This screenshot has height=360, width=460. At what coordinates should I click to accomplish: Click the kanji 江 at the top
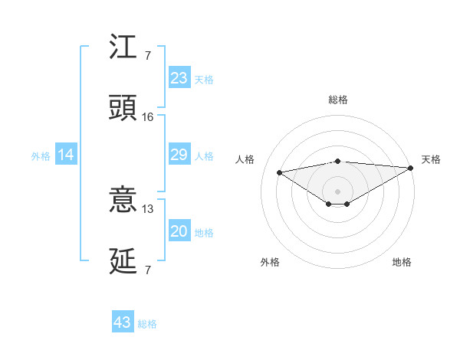point(123,47)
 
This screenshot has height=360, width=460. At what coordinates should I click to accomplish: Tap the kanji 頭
point(123,108)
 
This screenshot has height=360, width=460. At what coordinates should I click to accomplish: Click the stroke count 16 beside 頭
point(148,117)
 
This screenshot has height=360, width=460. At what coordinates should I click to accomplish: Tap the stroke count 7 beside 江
point(148,55)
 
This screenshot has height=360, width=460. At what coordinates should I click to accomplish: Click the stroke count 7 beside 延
point(148,270)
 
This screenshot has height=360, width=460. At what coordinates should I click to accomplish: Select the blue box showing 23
point(179,78)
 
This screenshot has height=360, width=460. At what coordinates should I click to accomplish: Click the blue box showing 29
point(179,155)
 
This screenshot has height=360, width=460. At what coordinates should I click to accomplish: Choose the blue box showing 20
point(179,232)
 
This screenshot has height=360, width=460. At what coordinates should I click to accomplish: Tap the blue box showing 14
point(66,155)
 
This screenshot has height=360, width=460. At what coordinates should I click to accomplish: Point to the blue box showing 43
point(123,322)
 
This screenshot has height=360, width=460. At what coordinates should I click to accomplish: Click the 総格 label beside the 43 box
point(148,324)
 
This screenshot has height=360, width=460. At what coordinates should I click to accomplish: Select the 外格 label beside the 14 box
point(41,156)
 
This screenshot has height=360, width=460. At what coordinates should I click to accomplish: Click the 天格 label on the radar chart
point(431,159)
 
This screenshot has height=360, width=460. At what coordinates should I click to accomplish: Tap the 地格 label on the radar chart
point(402,262)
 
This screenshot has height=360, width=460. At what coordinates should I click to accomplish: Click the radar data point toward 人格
point(280,172)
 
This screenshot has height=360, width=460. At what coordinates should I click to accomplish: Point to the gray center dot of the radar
point(338,191)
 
